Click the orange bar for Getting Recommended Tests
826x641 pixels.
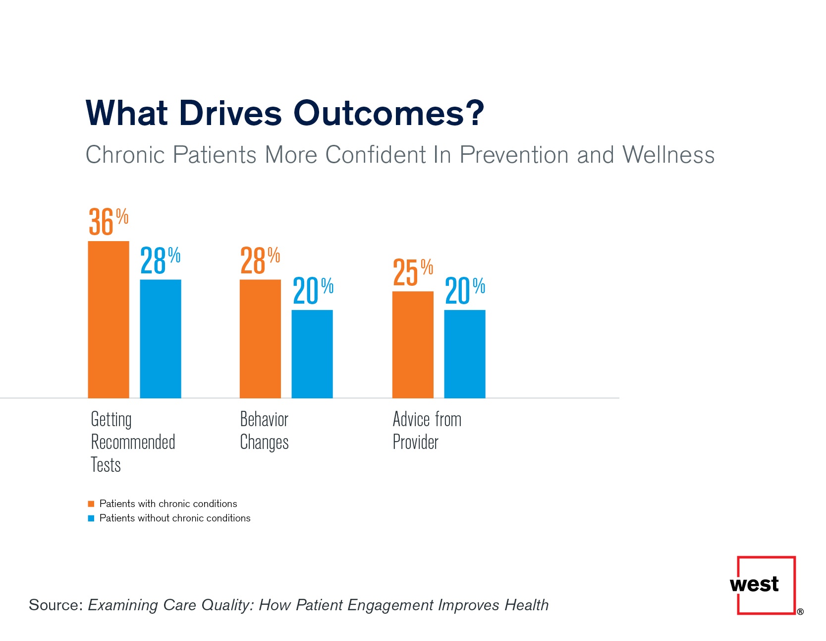click(109, 320)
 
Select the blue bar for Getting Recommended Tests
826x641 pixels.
click(161, 339)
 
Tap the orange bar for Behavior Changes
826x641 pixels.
click(260, 339)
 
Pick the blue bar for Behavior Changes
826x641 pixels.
click(312, 354)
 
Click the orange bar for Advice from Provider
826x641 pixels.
click(413, 344)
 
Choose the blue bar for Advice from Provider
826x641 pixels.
click(465, 354)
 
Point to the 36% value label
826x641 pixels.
click(108, 221)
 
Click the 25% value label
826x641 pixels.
click(412, 272)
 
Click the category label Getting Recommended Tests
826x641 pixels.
click(132, 442)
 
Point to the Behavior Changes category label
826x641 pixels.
click(264, 430)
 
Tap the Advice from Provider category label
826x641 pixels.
click(427, 430)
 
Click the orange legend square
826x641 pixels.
click(91, 504)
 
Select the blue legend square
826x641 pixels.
click(91, 518)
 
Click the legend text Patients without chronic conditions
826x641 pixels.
click(175, 518)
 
